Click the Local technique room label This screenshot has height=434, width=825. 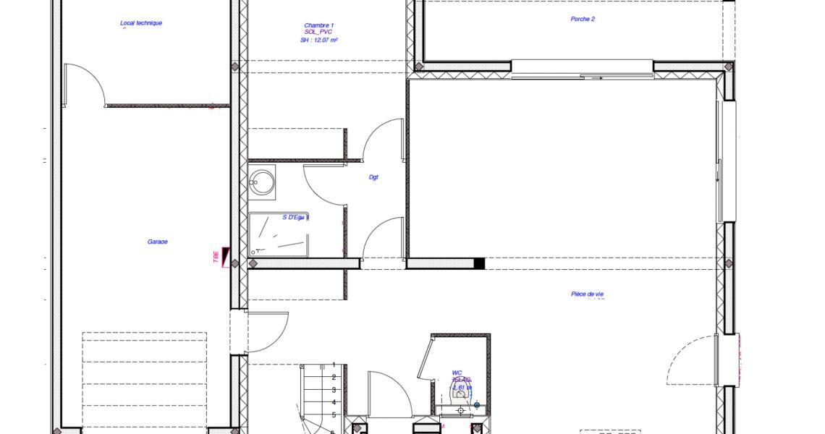141,23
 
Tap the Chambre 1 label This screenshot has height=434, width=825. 319,25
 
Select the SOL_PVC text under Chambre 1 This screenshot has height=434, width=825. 319,33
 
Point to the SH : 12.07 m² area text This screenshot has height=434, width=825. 319,41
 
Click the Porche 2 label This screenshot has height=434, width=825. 583,19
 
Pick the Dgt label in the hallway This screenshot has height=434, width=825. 374,176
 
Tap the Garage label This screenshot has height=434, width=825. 157,242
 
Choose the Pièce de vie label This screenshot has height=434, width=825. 587,294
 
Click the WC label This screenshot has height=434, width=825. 457,373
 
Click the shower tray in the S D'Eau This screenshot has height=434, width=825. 279,233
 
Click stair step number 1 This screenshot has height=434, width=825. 333,365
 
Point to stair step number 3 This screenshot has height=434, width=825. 333,389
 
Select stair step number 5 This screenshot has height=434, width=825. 333,414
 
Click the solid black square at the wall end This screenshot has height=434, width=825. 478,264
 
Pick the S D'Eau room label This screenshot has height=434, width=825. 295,217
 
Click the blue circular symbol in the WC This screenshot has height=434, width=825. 477,405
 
